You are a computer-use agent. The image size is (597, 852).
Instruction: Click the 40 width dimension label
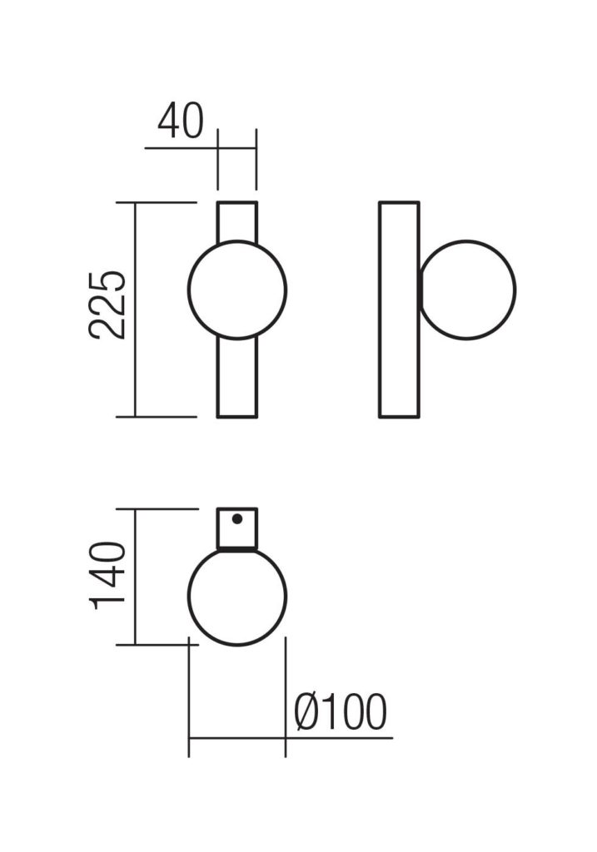tap(180, 122)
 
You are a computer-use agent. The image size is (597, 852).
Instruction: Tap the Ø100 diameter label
tap(341, 713)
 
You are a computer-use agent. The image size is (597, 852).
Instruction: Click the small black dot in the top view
tap(237, 519)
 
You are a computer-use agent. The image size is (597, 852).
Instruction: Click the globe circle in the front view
tap(237, 290)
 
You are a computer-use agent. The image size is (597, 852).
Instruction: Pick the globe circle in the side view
tap(467, 290)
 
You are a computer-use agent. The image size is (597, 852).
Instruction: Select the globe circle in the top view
tap(237, 596)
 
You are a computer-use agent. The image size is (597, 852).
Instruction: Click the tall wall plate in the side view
tap(399, 310)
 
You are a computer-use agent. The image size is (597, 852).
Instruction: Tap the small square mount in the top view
tap(237, 529)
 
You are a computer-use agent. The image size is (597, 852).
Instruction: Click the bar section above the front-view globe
tap(237, 220)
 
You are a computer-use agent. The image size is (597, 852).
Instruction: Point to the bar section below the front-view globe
tap(237, 379)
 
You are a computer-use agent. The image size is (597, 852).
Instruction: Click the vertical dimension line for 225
tap(136, 366)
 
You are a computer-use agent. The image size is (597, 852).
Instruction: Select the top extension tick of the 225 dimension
tap(167, 202)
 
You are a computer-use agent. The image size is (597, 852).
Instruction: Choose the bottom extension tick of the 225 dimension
tap(167, 416)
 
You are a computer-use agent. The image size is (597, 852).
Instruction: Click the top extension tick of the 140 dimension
tap(167, 508)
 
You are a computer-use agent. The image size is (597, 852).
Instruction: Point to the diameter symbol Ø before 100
tap(306, 713)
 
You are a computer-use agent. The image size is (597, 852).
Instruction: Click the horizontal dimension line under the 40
tap(182, 148)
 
